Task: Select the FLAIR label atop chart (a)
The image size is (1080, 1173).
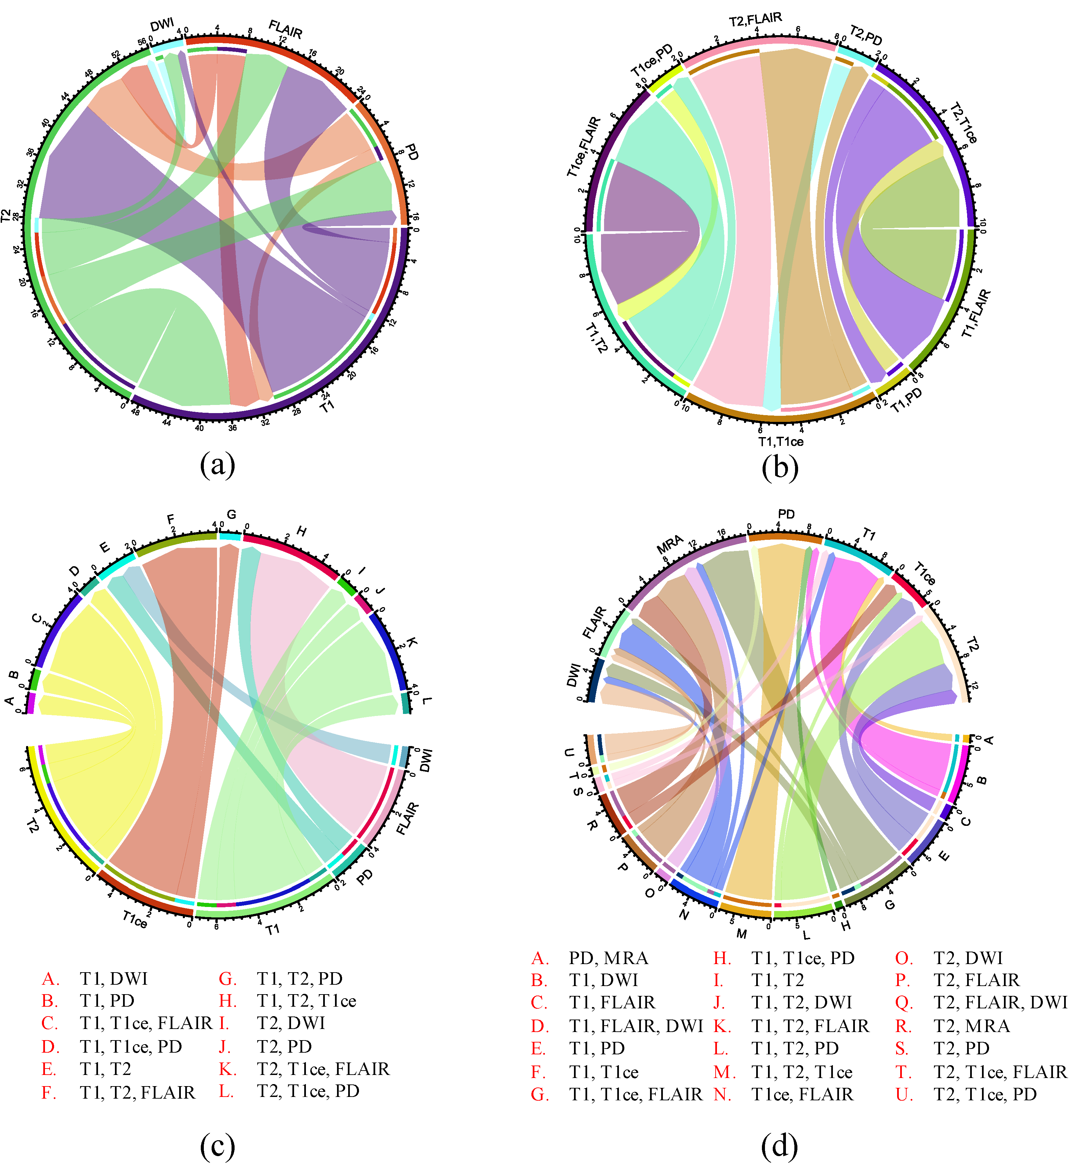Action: pyautogui.click(x=285, y=29)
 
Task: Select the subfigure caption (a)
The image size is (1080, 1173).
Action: pyautogui.click(x=217, y=466)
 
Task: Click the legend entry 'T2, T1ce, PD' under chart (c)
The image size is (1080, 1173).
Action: pyautogui.click(x=308, y=1091)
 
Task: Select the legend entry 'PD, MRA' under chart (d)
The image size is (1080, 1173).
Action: pyautogui.click(x=608, y=958)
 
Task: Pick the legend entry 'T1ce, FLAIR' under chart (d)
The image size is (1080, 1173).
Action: pyautogui.click(x=802, y=1094)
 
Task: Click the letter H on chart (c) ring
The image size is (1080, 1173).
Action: pyautogui.click(x=302, y=531)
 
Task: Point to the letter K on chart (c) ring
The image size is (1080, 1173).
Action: pyautogui.click(x=411, y=643)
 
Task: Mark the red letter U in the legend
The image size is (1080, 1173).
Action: pyautogui.click(x=904, y=1094)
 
